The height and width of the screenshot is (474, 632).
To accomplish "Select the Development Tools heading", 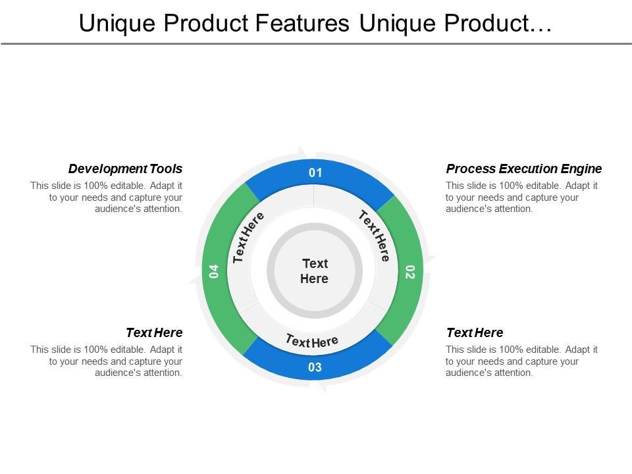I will point(125,169).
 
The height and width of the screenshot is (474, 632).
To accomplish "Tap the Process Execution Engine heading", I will point(523,169).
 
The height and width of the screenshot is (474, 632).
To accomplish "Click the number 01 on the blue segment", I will point(315,173).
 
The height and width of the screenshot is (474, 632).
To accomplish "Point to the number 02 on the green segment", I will point(409,272).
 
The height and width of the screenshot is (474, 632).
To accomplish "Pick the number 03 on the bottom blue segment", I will point(315,367).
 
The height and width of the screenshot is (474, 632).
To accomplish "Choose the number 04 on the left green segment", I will point(214,271).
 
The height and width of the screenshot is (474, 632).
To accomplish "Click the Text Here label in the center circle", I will point(315,271).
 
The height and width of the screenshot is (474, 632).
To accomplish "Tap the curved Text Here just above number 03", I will point(312,341).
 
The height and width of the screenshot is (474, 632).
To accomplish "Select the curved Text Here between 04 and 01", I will point(249,237).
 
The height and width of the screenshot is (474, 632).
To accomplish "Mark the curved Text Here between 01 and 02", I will point(375,235).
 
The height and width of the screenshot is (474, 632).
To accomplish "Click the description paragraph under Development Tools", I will point(106,197).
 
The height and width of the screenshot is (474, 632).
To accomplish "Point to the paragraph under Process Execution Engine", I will point(521,197).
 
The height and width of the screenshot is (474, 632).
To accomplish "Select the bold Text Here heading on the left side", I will point(154,332).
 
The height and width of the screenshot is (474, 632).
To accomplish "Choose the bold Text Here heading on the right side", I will point(474,332).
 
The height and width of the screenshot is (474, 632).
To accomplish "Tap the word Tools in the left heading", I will point(166,169).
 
